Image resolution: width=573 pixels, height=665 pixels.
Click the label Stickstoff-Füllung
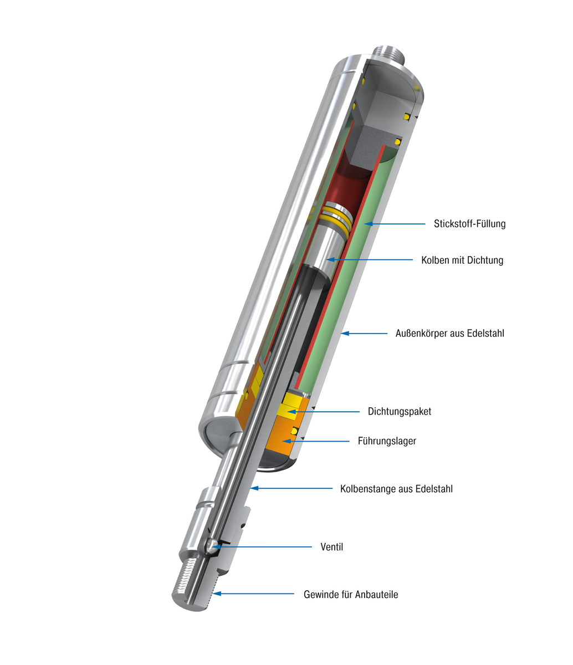[469, 224]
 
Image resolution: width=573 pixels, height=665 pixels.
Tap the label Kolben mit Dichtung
[462, 260]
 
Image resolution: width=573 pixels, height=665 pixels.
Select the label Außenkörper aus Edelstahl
[449, 334]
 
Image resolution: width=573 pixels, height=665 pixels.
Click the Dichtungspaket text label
[399, 411]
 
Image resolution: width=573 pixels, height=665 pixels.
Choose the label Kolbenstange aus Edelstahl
[396, 489]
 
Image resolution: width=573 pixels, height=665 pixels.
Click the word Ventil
[332, 547]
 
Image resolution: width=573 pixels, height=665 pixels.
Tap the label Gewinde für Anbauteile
[351, 595]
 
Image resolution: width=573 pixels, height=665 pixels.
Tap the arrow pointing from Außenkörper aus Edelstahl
[364, 334]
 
